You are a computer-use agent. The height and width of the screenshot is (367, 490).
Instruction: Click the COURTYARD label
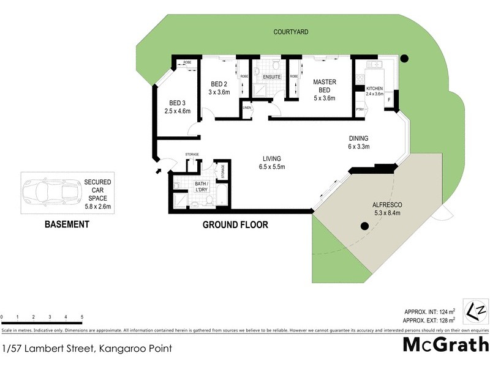click(x=290, y=32)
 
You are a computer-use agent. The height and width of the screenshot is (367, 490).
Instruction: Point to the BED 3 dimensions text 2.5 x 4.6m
click(x=178, y=111)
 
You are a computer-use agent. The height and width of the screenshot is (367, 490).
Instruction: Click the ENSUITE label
click(x=271, y=77)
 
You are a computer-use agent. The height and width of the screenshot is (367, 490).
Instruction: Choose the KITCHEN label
click(x=374, y=88)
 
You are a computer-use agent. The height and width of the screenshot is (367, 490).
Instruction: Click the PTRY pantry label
click(x=360, y=109)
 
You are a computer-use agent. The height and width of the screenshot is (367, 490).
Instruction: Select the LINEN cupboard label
click(x=247, y=108)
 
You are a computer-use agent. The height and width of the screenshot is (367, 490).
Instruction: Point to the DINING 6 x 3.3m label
click(x=359, y=143)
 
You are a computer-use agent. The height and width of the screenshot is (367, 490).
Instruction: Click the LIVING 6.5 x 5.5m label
click(x=272, y=163)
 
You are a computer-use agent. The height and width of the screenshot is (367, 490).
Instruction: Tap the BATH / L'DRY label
click(x=203, y=187)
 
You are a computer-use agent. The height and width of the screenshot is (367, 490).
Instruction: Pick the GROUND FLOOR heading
click(x=235, y=225)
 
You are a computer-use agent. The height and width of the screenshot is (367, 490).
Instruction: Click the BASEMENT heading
click(x=67, y=224)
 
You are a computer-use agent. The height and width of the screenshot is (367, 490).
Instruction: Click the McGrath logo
click(x=445, y=344)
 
